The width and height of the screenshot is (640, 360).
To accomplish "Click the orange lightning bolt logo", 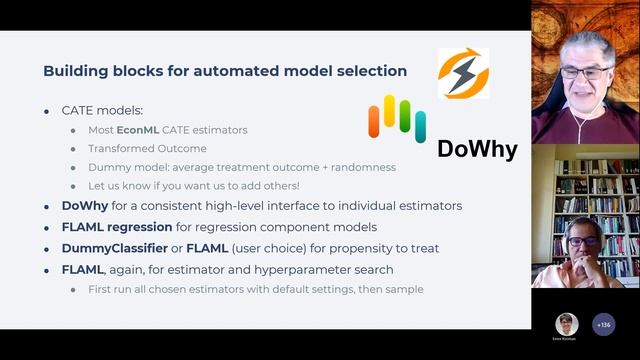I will click(464, 73).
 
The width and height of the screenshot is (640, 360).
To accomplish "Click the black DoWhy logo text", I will click(477, 150).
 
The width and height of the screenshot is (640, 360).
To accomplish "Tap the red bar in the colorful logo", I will click(374, 121).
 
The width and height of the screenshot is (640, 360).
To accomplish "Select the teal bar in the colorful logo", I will click(421, 127).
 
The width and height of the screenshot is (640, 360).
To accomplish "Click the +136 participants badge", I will click(603, 324).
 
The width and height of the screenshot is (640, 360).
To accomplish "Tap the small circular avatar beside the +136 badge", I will click(567, 324).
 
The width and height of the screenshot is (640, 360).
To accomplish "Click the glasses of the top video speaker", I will click(585, 72).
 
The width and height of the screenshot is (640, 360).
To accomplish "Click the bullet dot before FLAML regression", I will click(47, 226).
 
